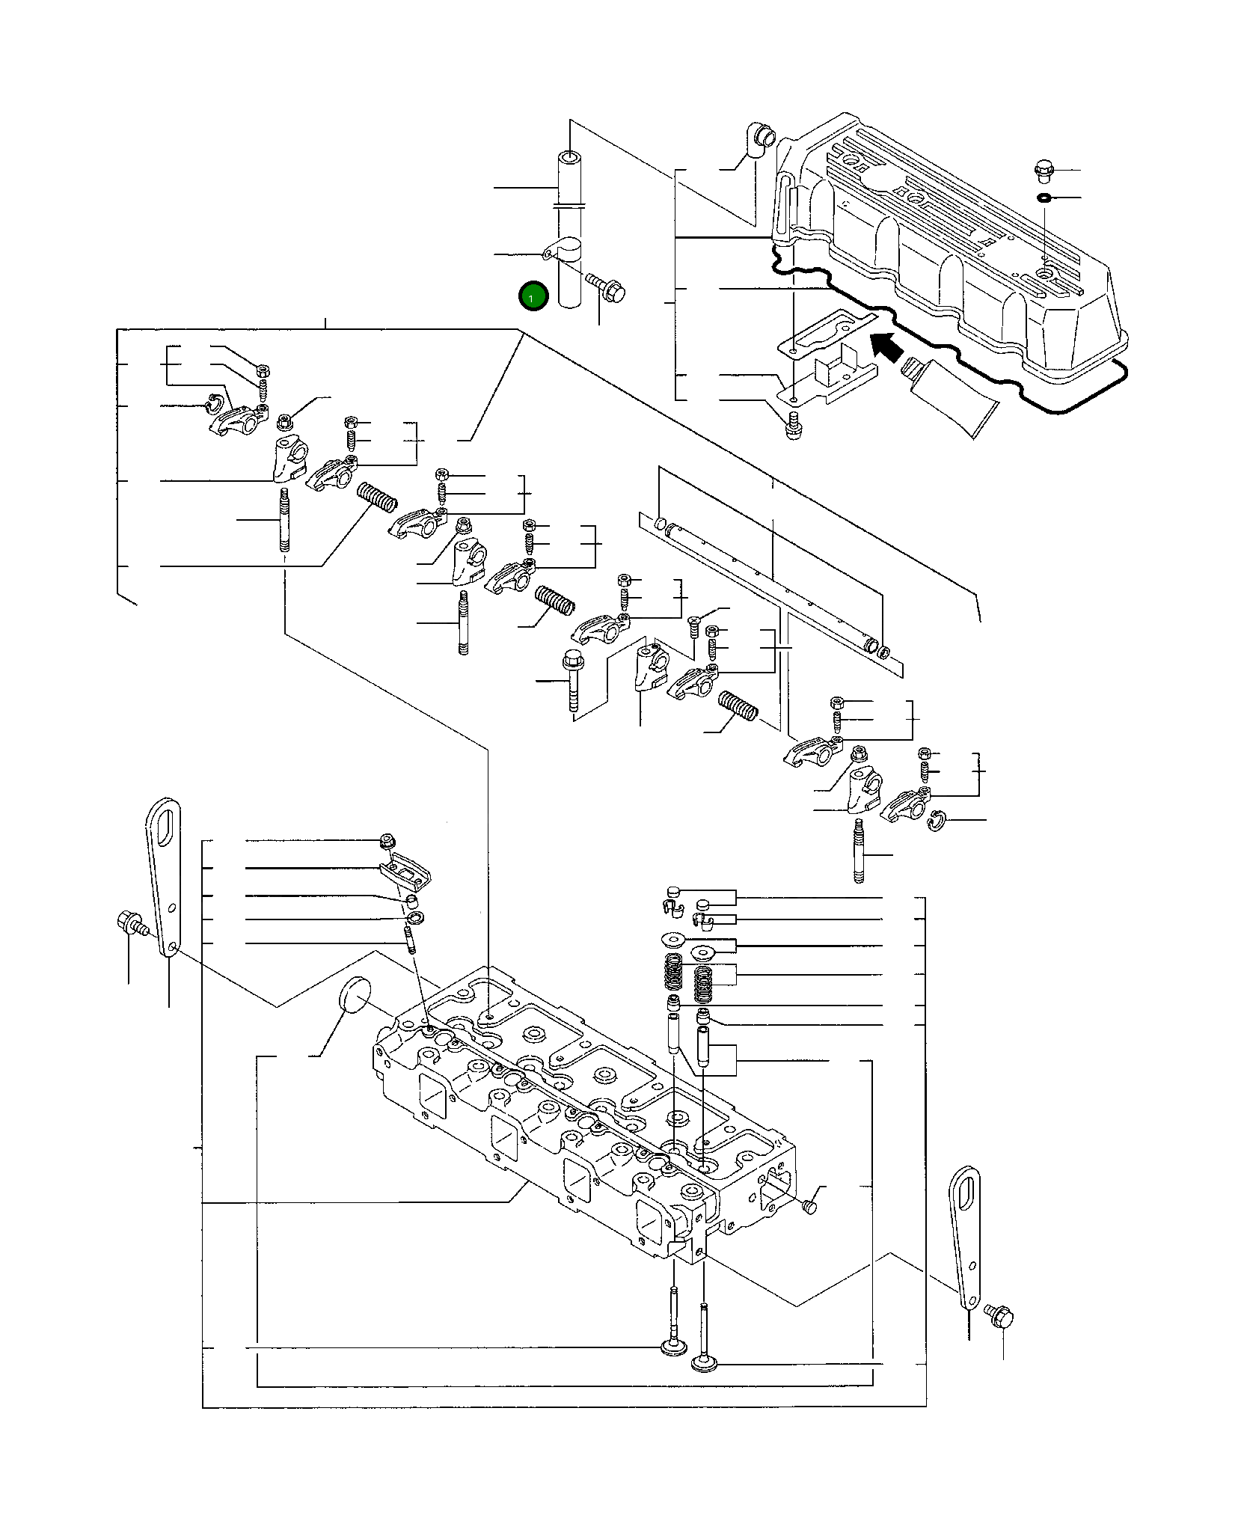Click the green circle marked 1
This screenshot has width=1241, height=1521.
tap(533, 298)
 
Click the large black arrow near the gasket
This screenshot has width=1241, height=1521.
tap(889, 347)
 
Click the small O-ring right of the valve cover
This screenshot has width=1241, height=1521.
tap(1044, 198)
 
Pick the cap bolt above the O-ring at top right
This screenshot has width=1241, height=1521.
tap(1044, 171)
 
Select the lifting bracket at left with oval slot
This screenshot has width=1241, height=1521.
tap(163, 875)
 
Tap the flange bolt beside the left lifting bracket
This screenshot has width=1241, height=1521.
tap(129, 922)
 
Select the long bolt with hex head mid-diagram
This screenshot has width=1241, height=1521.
tap(572, 681)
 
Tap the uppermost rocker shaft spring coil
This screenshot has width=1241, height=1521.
tap(376, 497)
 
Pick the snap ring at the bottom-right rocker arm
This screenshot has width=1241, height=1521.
tap(937, 821)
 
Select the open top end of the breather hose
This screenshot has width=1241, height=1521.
tap(570, 159)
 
